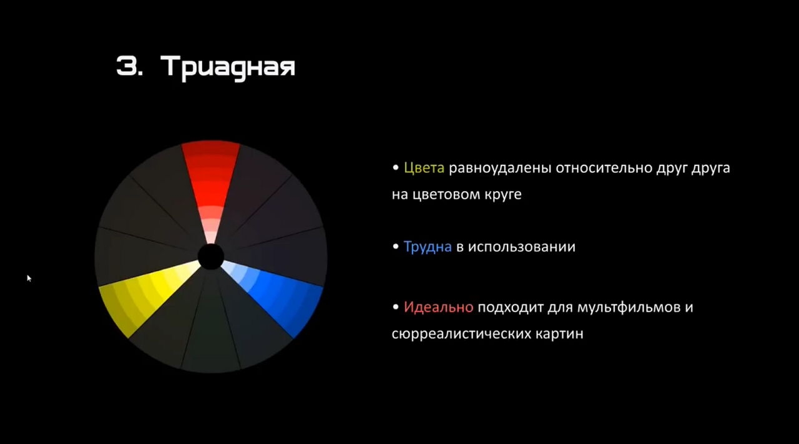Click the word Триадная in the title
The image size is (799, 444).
[228, 67]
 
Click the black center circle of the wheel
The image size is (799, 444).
[211, 256]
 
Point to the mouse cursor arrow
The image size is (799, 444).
[29, 279]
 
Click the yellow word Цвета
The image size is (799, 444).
[424, 168]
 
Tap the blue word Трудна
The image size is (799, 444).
[428, 247]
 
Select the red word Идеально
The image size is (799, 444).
[439, 307]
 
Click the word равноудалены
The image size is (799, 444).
[500, 168]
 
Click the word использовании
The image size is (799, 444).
[521, 247]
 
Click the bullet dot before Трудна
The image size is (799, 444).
[395, 246]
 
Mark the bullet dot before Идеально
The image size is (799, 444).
[395, 307]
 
